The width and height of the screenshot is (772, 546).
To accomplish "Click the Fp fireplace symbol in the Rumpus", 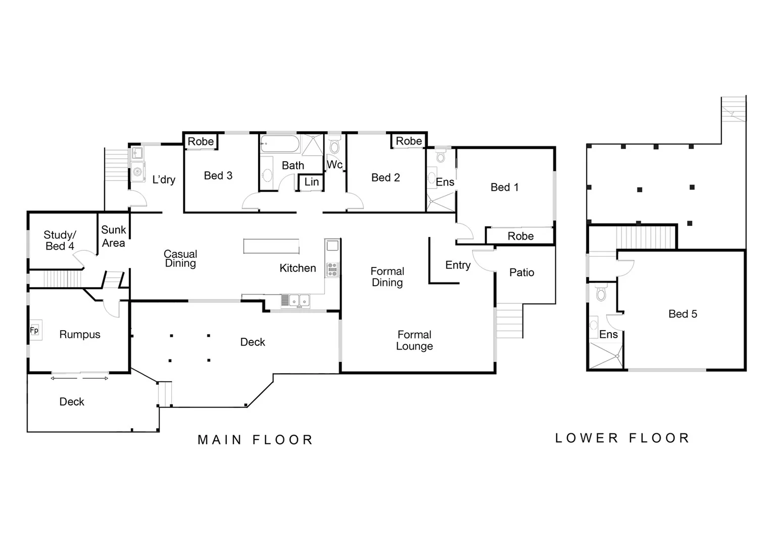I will (x=34, y=331).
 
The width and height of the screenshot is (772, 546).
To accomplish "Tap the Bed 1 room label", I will (x=504, y=187).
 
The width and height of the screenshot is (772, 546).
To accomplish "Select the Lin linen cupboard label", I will (x=311, y=182).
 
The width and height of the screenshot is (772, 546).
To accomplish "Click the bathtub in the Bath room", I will (x=280, y=144).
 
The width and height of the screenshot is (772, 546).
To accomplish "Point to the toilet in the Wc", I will (x=334, y=147).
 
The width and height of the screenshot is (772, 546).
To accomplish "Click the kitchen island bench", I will (x=271, y=246).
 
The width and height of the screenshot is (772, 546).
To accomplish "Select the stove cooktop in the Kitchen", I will (x=332, y=269).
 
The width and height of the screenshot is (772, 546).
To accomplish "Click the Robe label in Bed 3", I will (x=201, y=142).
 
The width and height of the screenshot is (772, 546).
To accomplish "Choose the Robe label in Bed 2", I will (x=408, y=141).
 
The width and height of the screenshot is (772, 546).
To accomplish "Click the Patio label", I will (x=521, y=272).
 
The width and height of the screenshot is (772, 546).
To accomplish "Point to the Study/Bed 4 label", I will (x=60, y=240).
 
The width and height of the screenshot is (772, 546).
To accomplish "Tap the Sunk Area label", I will (x=113, y=236).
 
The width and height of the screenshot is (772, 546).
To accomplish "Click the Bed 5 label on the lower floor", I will (x=682, y=314).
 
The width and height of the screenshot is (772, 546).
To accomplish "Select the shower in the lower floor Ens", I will (x=606, y=356).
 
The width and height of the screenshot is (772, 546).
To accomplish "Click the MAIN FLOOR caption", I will (x=255, y=440).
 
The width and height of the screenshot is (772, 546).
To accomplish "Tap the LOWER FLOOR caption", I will (x=622, y=438).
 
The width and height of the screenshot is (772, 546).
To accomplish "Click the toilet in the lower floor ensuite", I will (x=601, y=293).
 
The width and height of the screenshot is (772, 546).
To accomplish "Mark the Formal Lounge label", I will (x=414, y=340).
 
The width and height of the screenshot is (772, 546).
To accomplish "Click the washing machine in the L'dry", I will (x=137, y=172).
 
